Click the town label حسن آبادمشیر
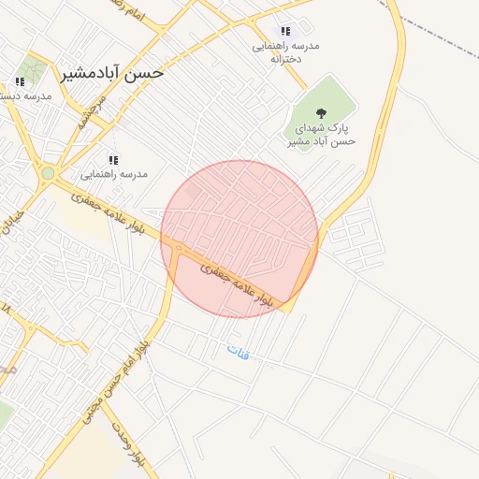click(x=111, y=72)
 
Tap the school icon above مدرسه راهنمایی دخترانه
click(x=285, y=31)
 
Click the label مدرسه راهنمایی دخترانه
click(x=285, y=51)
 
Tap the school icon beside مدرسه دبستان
click(x=20, y=81)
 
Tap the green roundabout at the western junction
click(x=48, y=173)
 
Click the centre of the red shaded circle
click(x=239, y=239)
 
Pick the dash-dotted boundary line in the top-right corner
click(x=440, y=28)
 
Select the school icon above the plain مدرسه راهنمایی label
click(x=113, y=160)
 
